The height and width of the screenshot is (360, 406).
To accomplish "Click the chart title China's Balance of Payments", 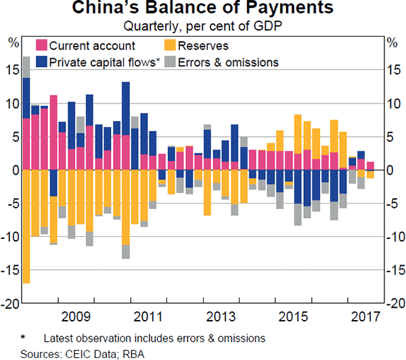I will pos(203,9).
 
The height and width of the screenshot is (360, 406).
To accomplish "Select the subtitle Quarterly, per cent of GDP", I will pos(203,27).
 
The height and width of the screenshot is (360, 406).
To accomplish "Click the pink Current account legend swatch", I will pos(41,46).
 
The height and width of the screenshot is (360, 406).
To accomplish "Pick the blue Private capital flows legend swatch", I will pos(41,62).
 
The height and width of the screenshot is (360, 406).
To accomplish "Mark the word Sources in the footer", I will pos(39,353).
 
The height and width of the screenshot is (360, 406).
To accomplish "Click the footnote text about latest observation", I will pos(153,338).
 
